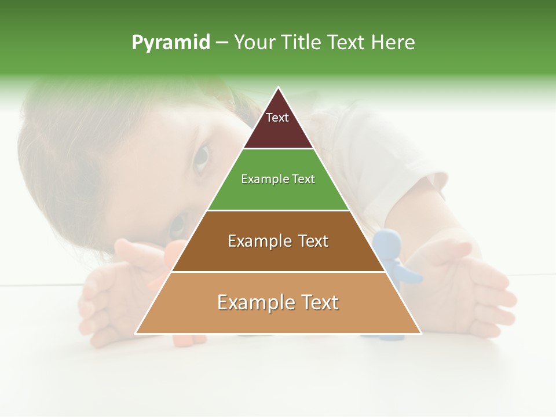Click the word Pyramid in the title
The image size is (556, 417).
pyautogui.click(x=170, y=43)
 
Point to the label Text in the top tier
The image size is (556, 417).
pyautogui.click(x=277, y=118)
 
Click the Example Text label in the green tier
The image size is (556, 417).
pyautogui.click(x=278, y=179)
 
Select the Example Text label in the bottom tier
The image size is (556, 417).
pyautogui.click(x=278, y=302)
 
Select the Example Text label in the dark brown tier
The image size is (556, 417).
pyautogui.click(x=278, y=241)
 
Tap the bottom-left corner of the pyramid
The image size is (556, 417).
pyautogui.click(x=136, y=334)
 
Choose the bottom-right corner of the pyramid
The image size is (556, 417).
pyautogui.click(x=421, y=334)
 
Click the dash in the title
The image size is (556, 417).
pyautogui.click(x=222, y=43)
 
